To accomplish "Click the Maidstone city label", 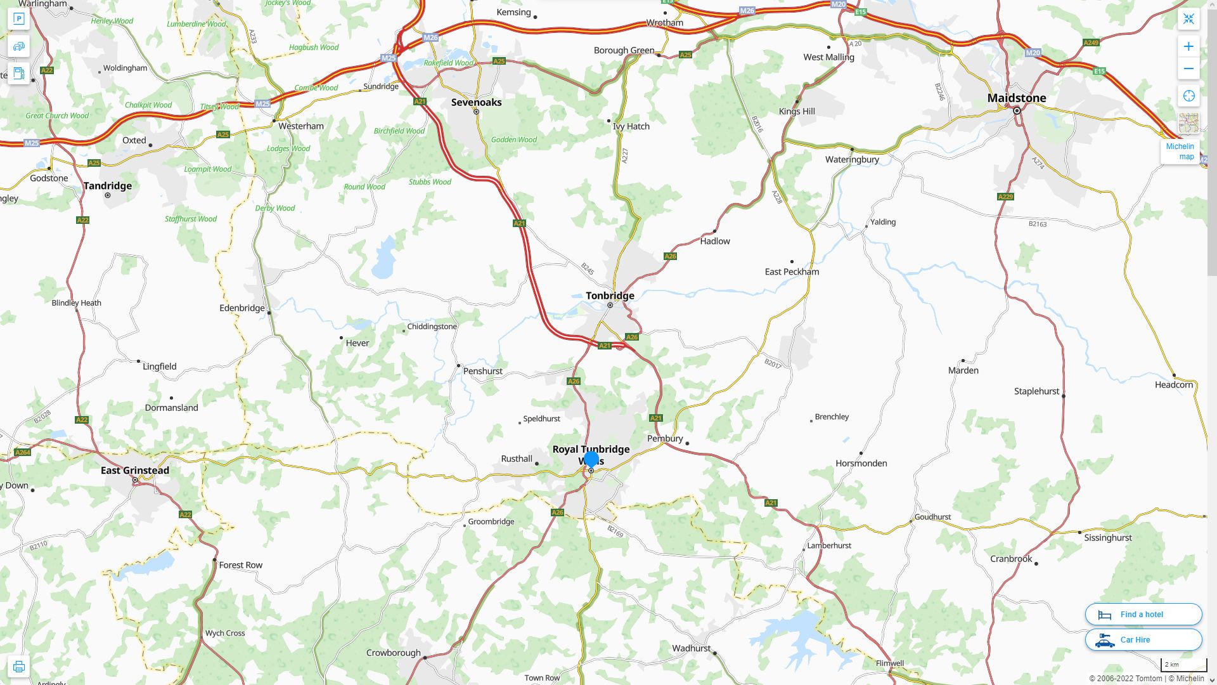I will [1017, 98].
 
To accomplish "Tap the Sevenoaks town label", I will [476, 102].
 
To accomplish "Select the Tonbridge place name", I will [610, 296].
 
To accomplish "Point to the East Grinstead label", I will [135, 470].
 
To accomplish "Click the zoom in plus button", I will [1188, 46].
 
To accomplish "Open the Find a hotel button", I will [1143, 614].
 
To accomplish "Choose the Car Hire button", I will [1143, 639].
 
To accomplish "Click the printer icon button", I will [18, 667].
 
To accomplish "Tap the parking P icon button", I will [18, 19].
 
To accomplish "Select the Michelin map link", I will [1180, 152].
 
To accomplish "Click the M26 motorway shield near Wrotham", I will [747, 11].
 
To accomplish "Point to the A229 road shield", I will [1005, 197].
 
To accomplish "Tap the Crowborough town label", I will [393, 653].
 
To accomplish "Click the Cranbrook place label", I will [1011, 559].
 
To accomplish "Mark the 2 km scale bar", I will [1183, 665].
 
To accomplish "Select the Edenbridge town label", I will [242, 308].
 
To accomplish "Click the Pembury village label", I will [665, 438].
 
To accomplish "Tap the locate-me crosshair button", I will [1188, 96].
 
